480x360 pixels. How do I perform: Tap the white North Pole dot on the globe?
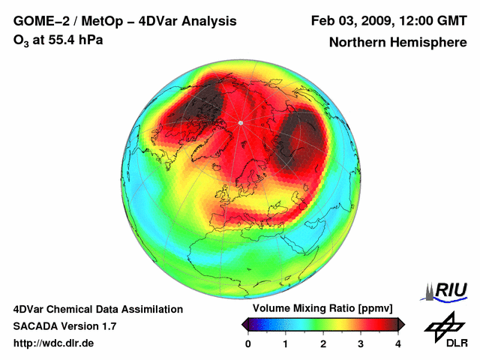coord(240,122)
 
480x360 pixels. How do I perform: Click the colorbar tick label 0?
coord(248,343)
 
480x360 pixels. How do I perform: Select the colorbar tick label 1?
coord(286,343)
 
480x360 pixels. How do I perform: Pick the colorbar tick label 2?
coord(323,343)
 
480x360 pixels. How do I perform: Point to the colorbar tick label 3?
coord(361,343)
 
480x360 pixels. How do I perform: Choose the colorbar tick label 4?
coord(398,343)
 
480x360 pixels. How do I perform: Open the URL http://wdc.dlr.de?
coord(54,343)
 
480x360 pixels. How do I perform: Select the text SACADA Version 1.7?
coord(64,326)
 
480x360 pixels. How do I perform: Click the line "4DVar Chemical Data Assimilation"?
coord(97,309)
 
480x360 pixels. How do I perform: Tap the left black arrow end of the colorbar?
coord(244,324)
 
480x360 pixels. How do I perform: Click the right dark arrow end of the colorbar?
coord(401,324)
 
